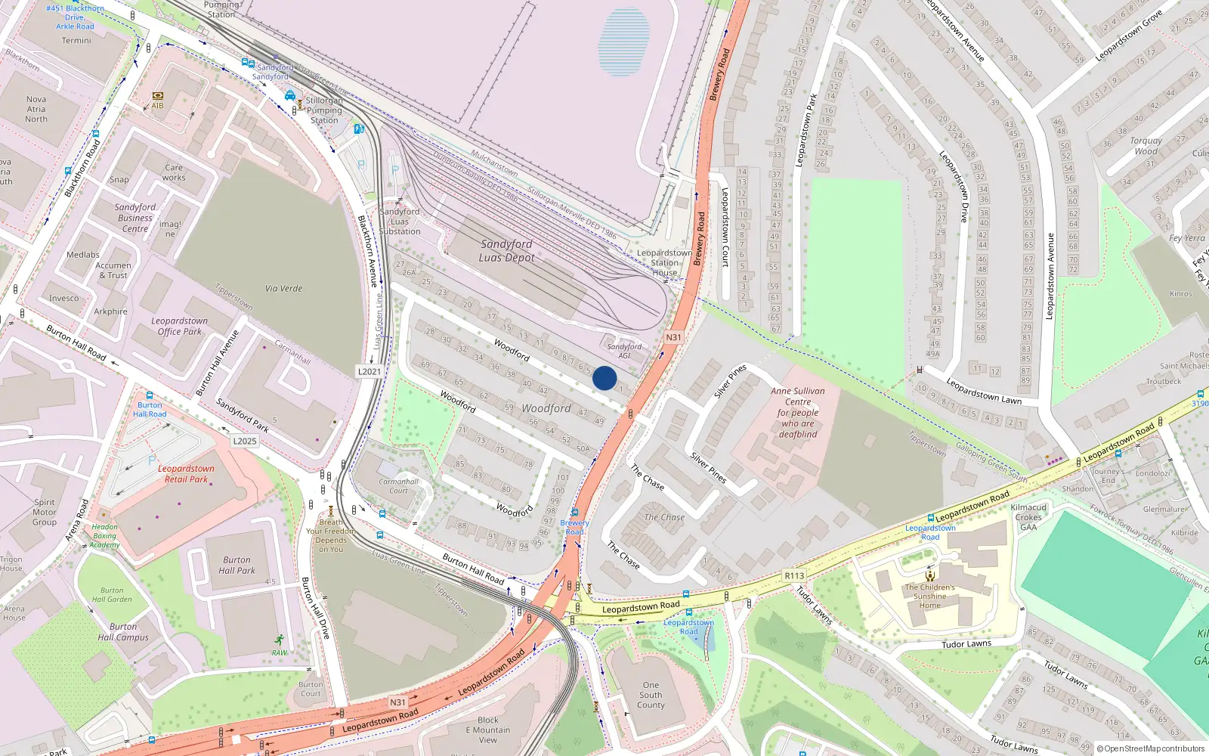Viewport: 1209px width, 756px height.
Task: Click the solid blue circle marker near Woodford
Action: point(604,378)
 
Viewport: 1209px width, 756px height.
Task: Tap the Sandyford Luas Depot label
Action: point(506,251)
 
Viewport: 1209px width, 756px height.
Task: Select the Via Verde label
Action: point(283,289)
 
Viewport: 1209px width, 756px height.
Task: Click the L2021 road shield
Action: point(370,371)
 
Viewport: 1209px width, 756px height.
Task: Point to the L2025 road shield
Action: point(245,441)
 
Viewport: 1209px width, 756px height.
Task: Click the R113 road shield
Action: point(794,575)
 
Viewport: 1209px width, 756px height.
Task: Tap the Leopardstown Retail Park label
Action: point(186,474)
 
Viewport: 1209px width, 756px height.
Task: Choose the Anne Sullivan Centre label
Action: point(798,413)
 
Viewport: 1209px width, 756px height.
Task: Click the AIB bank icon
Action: point(158,96)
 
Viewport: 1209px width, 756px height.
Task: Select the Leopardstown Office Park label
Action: point(179,326)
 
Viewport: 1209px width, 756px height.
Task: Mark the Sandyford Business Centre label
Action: point(135,218)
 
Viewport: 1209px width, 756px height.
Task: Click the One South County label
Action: point(651,695)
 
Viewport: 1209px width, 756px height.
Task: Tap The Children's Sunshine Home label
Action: point(929,596)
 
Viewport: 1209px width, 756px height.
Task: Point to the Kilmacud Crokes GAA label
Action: point(1028,517)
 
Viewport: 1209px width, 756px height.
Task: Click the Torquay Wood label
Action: point(1146,146)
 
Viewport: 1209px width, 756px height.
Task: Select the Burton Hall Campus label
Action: point(123,632)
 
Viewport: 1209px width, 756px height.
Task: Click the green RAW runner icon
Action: point(280,640)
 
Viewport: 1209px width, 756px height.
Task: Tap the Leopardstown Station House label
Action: point(664,263)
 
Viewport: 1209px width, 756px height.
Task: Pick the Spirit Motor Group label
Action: point(45,512)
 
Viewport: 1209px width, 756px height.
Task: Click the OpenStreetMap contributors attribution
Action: point(1151,748)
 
